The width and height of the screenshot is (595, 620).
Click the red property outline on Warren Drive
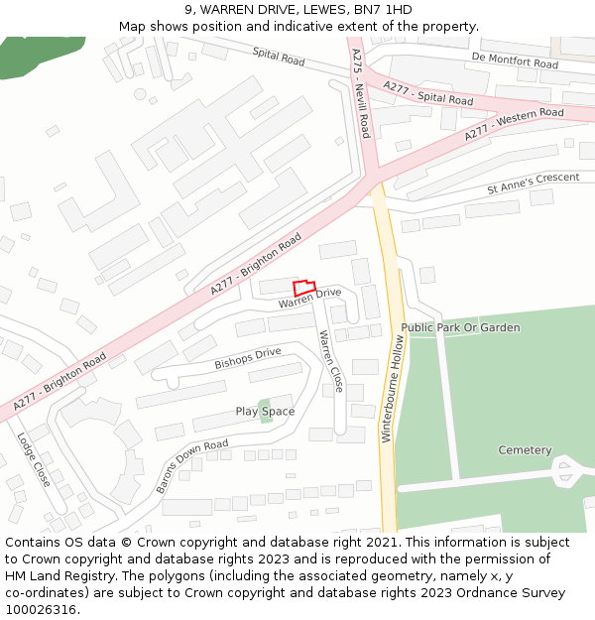[304, 287]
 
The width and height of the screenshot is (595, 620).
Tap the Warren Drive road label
[309, 297]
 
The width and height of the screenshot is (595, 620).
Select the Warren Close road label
[330, 361]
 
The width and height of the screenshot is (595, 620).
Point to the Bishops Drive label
[248, 358]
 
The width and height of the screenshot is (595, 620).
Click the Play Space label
[265, 411]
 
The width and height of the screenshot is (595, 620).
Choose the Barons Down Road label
[191, 465]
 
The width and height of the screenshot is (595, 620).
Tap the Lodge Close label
[33, 457]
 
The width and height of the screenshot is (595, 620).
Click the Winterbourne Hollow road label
[395, 387]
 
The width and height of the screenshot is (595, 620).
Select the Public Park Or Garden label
[460, 327]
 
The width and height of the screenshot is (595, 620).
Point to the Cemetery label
[525, 450]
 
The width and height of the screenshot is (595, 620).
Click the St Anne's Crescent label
[533, 184]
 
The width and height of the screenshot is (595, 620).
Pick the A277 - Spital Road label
[428, 94]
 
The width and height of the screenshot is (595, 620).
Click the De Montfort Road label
[515, 62]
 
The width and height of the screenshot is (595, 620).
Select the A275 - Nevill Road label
[361, 93]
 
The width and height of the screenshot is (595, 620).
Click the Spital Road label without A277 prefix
[279, 58]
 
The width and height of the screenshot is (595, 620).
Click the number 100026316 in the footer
[41, 609]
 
